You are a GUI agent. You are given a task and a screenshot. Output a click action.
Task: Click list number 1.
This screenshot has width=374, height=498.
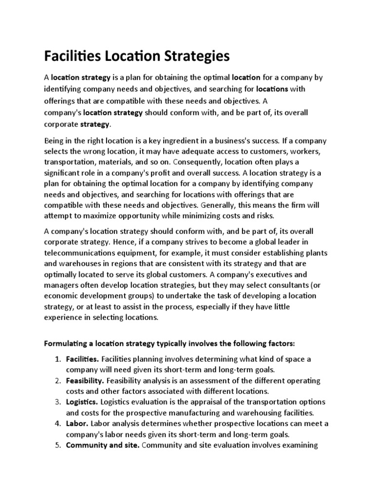[x=57, y=359]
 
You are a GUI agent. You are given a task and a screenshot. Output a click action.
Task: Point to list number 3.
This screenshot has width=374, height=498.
[x=57, y=402]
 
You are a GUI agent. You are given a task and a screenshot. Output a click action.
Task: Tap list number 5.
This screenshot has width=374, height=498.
[x=57, y=445]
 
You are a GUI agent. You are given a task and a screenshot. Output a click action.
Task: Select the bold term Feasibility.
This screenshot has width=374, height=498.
[x=84, y=380]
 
